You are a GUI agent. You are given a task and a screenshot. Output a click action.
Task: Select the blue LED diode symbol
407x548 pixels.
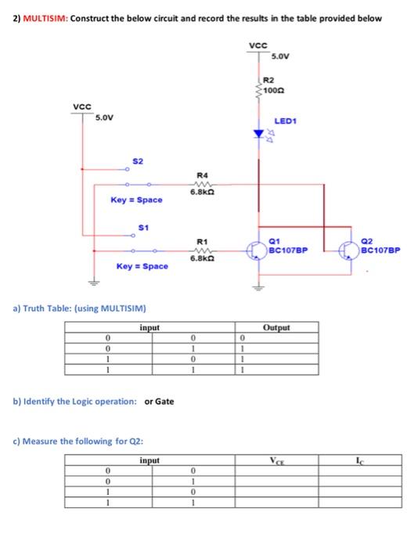(258, 134)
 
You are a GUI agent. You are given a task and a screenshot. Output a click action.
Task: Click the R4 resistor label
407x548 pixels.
(202, 175)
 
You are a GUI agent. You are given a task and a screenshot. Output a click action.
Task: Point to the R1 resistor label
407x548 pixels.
(201, 241)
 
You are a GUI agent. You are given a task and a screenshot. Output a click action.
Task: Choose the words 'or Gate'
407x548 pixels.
(160, 402)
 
